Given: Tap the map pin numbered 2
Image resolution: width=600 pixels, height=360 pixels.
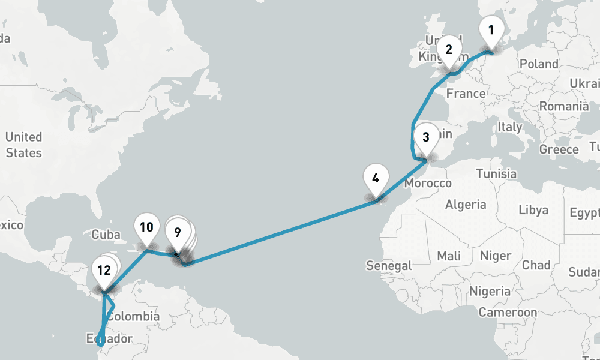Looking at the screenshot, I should point(448,50).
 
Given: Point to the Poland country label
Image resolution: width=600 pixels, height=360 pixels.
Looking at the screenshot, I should point(538,64).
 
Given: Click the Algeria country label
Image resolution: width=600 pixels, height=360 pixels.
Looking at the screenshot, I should point(466,205).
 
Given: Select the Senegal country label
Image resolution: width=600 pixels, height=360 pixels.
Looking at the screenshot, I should point(389,265).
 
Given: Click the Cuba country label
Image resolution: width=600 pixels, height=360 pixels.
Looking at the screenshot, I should point(106,235).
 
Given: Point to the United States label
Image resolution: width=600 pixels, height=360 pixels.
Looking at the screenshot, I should point(23,145).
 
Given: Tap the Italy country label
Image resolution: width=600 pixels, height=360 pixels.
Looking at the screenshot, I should point(510,127).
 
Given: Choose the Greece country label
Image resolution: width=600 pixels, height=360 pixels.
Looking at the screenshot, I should point(559,149).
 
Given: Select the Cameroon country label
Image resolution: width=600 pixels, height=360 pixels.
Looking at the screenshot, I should point(508,313).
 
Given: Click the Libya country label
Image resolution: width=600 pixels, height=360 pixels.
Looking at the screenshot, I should point(533,210).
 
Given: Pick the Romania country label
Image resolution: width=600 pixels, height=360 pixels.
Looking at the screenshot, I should point(563,107).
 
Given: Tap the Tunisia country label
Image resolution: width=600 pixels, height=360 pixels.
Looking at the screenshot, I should point(496,173).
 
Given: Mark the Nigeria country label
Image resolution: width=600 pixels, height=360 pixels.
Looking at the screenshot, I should point(490,292).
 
